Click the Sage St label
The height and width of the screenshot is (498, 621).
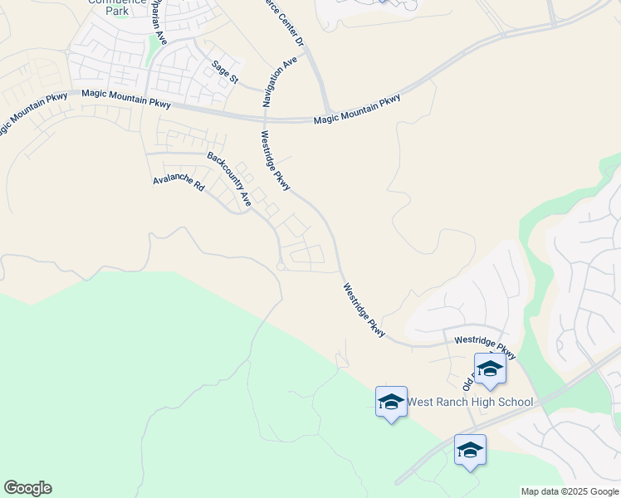click(224, 72)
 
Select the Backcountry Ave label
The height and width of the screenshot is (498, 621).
click(229, 178)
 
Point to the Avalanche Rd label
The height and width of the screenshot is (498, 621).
click(178, 183)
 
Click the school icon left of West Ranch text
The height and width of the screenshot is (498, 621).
click(391, 402)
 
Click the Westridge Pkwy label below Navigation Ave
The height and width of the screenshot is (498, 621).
click(275, 161)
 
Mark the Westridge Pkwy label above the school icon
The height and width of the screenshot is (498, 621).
click(485, 348)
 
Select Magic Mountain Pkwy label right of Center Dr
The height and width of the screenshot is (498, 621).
click(357, 110)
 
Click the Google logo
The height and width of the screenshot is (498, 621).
click(27, 488)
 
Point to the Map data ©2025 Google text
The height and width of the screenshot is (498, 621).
click(569, 491)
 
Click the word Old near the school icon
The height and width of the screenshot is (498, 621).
click(468, 384)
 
